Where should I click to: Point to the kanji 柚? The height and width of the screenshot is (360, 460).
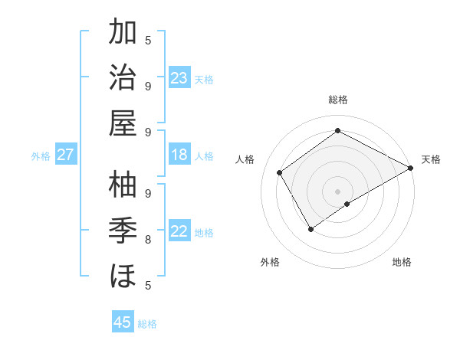pos(124,185)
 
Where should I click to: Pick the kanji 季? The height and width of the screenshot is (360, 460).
pos(124,230)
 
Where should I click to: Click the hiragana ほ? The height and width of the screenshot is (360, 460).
pos(124,275)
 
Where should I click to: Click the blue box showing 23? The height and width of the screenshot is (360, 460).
pos(179,78)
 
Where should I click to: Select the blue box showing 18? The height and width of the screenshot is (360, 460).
pos(179,155)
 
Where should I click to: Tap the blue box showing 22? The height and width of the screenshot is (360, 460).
pos(179,232)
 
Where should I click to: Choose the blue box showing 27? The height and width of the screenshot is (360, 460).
pos(66,155)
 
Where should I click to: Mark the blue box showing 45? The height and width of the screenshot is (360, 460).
pos(123,322)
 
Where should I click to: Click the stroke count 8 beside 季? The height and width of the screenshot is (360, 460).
pos(148,240)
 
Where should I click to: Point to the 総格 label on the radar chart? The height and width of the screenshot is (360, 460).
pos(338,100)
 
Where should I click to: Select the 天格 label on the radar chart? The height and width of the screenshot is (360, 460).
pos(431,160)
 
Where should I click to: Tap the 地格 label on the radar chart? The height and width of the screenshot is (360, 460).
pos(402,263)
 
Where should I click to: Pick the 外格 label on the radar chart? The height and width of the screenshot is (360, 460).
pos(270,263)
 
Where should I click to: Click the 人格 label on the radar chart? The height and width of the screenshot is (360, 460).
pos(245,160)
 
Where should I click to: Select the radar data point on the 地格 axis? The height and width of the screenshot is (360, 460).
pos(347,204)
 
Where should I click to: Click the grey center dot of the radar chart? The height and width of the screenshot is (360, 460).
pos(338,191)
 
